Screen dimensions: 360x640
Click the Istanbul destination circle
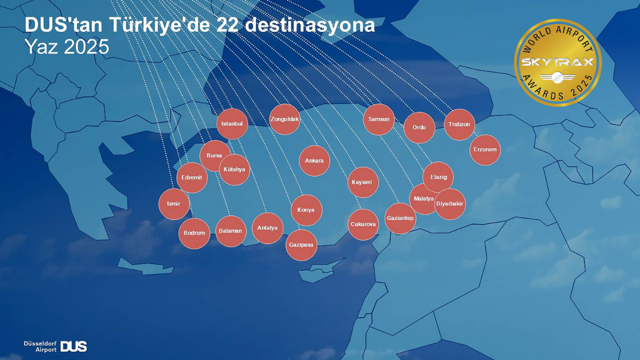point(232,123)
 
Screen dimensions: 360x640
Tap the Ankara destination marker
point(314,160)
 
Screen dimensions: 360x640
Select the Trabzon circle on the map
point(459,124)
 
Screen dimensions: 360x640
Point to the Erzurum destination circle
point(485,149)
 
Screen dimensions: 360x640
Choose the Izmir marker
point(174,204)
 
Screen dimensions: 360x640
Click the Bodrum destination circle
point(194,233)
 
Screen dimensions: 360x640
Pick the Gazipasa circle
point(301,245)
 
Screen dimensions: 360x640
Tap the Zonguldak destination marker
point(284,119)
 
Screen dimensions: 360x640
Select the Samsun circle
point(378,119)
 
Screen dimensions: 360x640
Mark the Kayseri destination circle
point(363,182)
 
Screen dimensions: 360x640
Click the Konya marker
point(306,210)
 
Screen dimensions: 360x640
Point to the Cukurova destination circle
point(363,224)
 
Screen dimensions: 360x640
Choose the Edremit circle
point(191,177)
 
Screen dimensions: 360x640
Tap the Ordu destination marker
point(419,127)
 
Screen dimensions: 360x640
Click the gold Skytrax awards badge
point(557,62)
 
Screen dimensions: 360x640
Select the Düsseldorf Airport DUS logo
point(55,346)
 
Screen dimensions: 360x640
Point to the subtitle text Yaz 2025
point(67,46)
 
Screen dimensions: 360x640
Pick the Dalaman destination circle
point(230,231)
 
